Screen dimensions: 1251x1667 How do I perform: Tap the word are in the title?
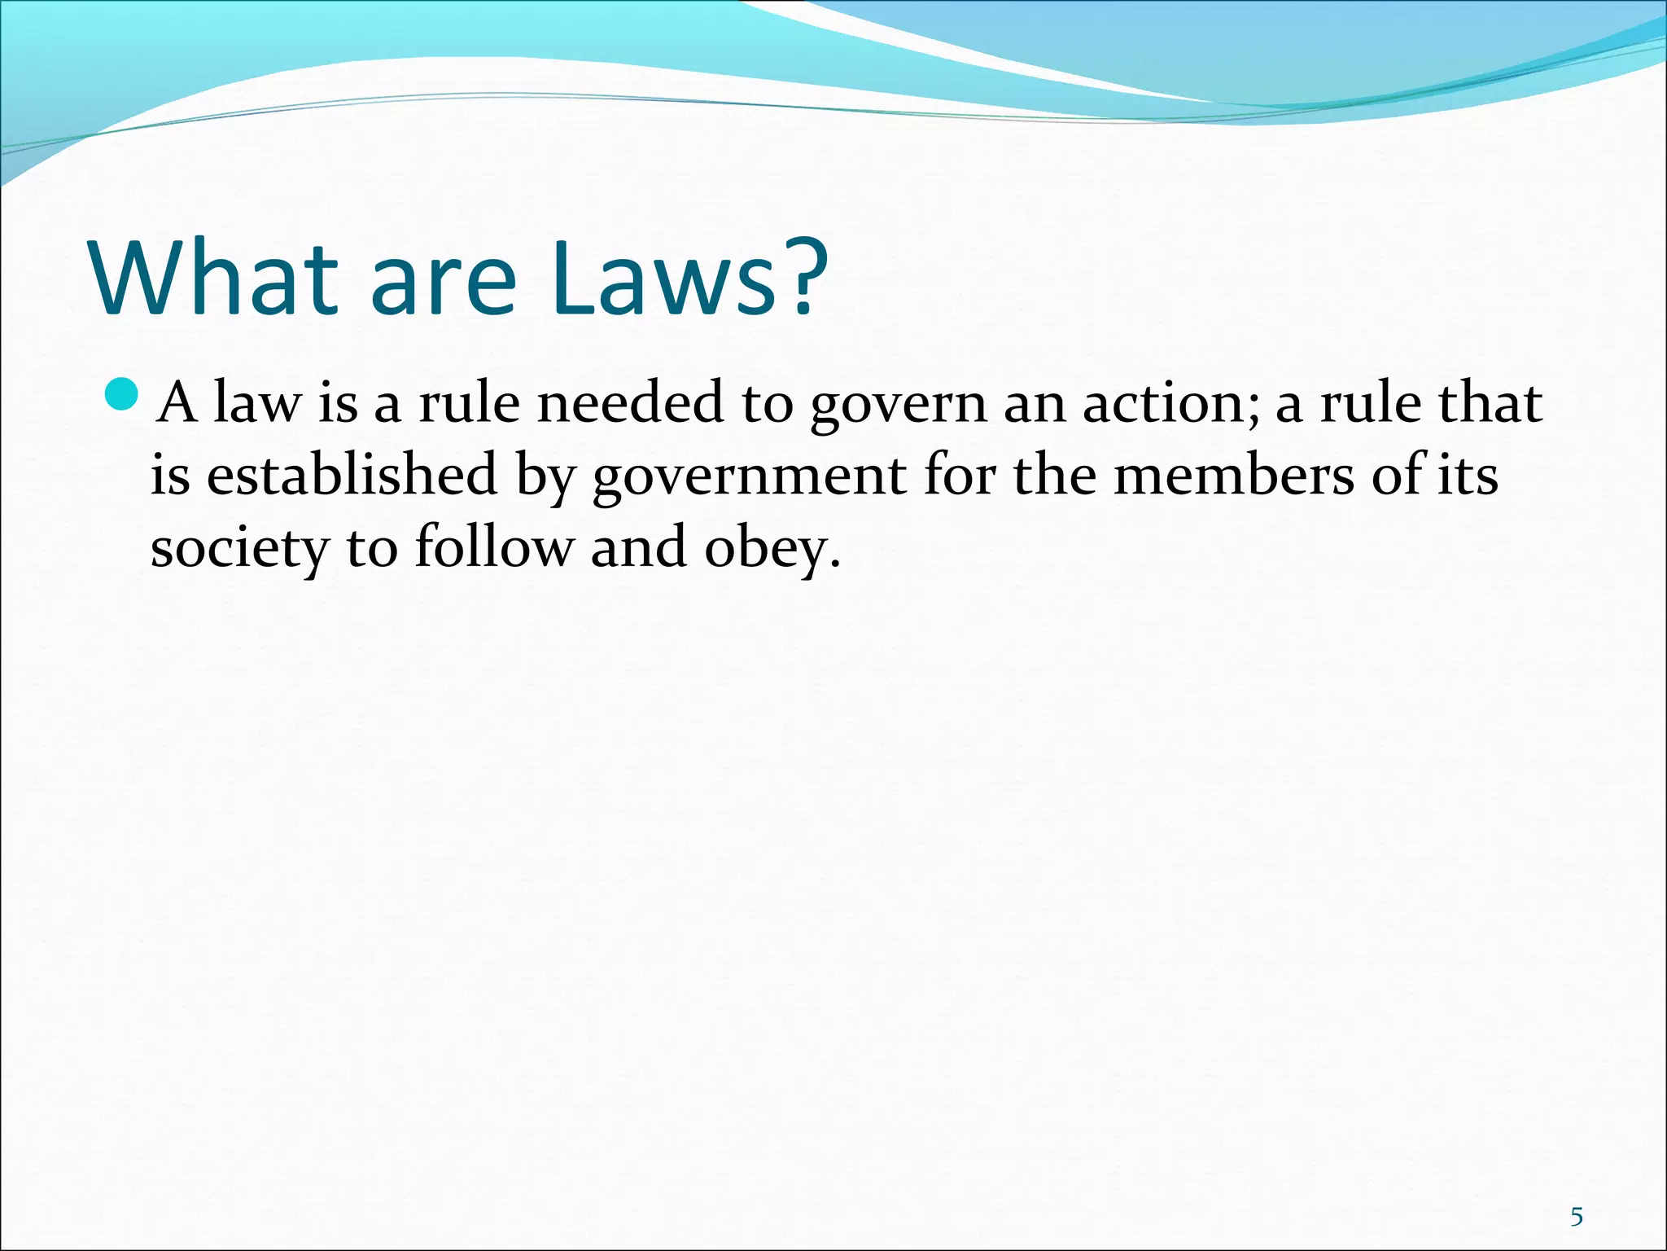pyautogui.click(x=443, y=281)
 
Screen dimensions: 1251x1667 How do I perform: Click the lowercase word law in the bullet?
pyautogui.click(x=256, y=403)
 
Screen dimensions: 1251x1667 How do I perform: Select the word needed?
pyautogui.click(x=630, y=403)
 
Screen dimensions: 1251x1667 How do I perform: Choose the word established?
pyautogui.click(x=352, y=475)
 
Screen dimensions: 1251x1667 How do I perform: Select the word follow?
pyautogui.click(x=494, y=546)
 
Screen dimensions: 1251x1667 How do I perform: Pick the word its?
pyautogui.click(x=1468, y=475)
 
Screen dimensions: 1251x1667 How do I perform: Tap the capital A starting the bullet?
pyautogui.click(x=177, y=403)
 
